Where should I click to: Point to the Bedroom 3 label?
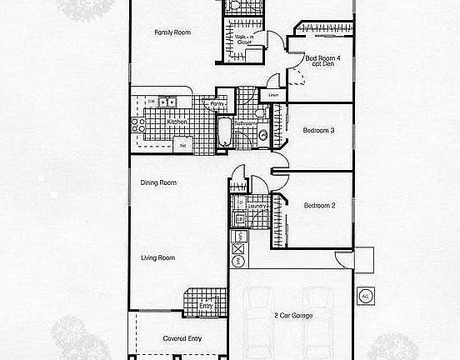[319, 130]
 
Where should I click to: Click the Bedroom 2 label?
[319, 205]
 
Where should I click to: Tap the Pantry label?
[218, 104]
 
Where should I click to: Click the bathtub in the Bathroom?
[224, 133]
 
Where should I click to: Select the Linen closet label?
[272, 94]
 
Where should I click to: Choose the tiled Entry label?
[207, 306]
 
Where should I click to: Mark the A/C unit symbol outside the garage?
[365, 296]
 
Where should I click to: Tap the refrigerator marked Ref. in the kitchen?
[183, 145]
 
